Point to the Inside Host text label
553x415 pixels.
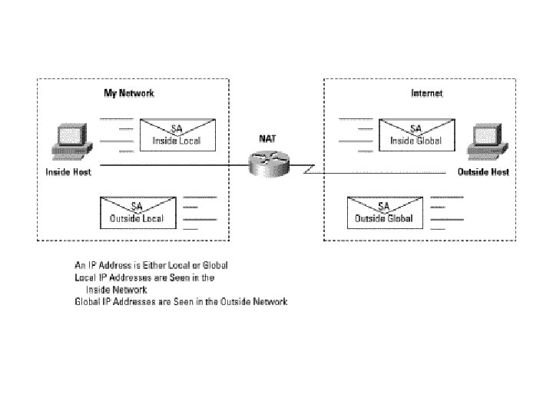click(x=68, y=172)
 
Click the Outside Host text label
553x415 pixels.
click(x=483, y=172)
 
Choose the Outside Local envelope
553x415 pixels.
click(x=136, y=213)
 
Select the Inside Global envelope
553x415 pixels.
click(x=416, y=134)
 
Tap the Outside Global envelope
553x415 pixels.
click(x=383, y=213)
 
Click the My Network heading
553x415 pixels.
click(x=129, y=93)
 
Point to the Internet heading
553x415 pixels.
click(x=427, y=93)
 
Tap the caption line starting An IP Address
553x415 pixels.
click(x=151, y=265)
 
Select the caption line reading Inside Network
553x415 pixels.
click(x=117, y=290)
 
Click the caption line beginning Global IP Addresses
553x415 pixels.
click(x=180, y=302)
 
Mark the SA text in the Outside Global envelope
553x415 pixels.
click(x=383, y=207)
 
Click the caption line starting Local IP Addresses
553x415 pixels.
click(x=144, y=277)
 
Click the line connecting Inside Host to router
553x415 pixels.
click(x=169, y=165)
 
